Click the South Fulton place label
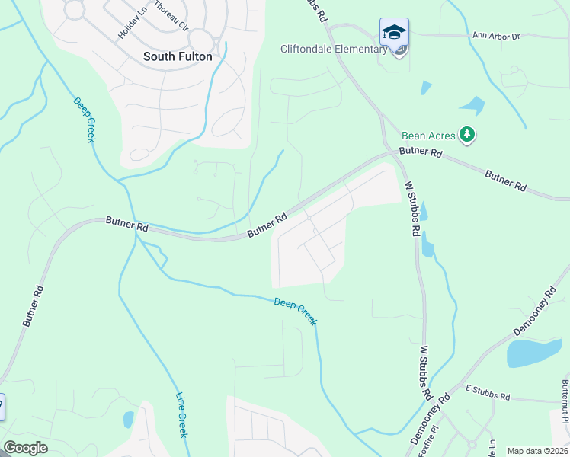coord(178,56)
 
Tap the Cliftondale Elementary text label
coord(335,50)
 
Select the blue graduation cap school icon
coord(394,32)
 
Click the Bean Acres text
coord(427,136)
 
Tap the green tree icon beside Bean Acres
coord(467,136)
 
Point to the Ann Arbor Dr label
coord(495,36)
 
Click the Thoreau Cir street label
coord(171,14)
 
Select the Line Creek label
coord(181,414)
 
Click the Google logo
coord(25,448)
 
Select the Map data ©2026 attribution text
coord(537,451)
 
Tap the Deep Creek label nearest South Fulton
coord(85,119)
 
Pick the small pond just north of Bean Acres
coord(472,104)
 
